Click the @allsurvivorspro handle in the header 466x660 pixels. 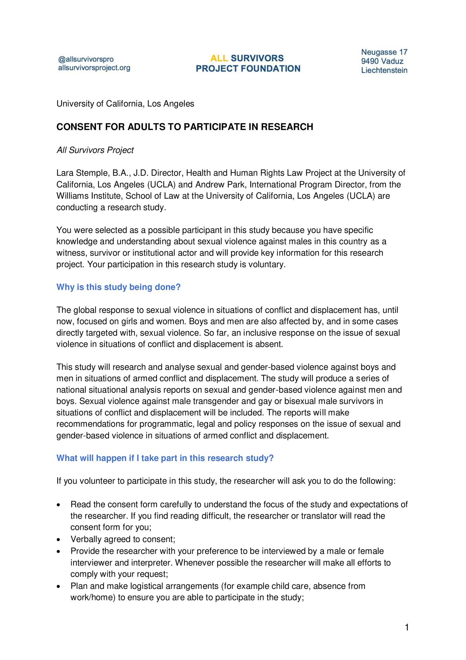86,59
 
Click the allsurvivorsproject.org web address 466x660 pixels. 94,68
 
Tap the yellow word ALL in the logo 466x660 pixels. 219,58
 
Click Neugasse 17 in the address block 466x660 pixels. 384,52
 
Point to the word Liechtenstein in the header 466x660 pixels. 384,70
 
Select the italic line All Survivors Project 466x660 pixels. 95,150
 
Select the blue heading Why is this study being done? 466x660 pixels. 118,287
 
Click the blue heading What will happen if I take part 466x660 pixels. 165,458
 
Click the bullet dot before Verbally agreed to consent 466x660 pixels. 59,539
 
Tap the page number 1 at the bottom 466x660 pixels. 407,627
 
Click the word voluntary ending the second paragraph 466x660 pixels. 266,264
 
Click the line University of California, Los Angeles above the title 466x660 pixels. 125,104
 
